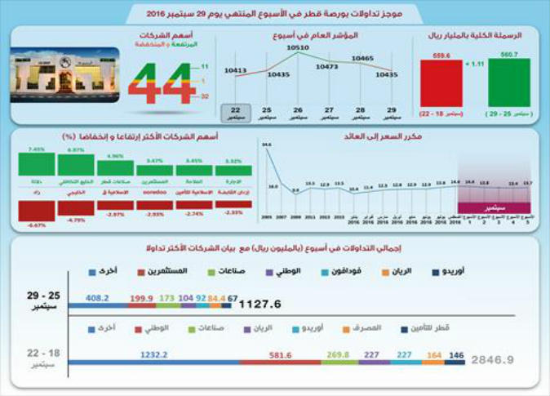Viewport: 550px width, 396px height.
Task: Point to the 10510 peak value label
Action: [x=296, y=48]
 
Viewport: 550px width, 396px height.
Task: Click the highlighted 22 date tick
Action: [x=236, y=112]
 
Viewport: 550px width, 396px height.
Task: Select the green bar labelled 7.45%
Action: [x=36, y=163]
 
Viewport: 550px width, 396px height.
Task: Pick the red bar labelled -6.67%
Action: [x=36, y=211]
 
